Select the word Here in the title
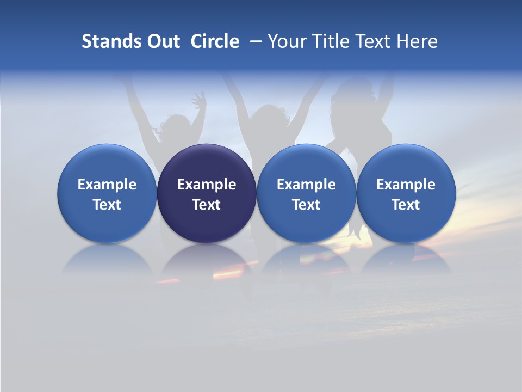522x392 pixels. [x=417, y=41]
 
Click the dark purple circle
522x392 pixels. [x=207, y=193]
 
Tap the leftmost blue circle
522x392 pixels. [x=107, y=193]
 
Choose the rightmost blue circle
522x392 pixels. [x=406, y=193]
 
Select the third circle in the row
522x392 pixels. [x=306, y=193]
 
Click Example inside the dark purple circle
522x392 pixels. [x=207, y=185]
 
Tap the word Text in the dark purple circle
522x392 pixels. [x=207, y=205]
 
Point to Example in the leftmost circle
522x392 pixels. [x=107, y=185]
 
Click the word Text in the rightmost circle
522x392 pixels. [x=406, y=205]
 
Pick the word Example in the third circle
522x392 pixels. [x=306, y=185]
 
